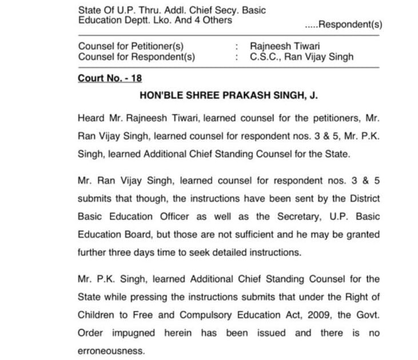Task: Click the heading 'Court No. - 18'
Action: click(110, 79)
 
